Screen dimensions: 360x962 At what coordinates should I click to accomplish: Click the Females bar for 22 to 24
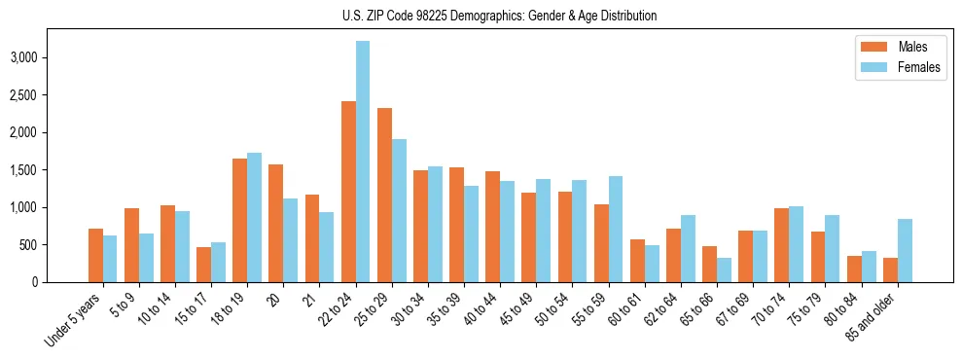coord(363,162)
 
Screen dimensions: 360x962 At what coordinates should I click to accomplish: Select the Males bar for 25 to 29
coord(385,195)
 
